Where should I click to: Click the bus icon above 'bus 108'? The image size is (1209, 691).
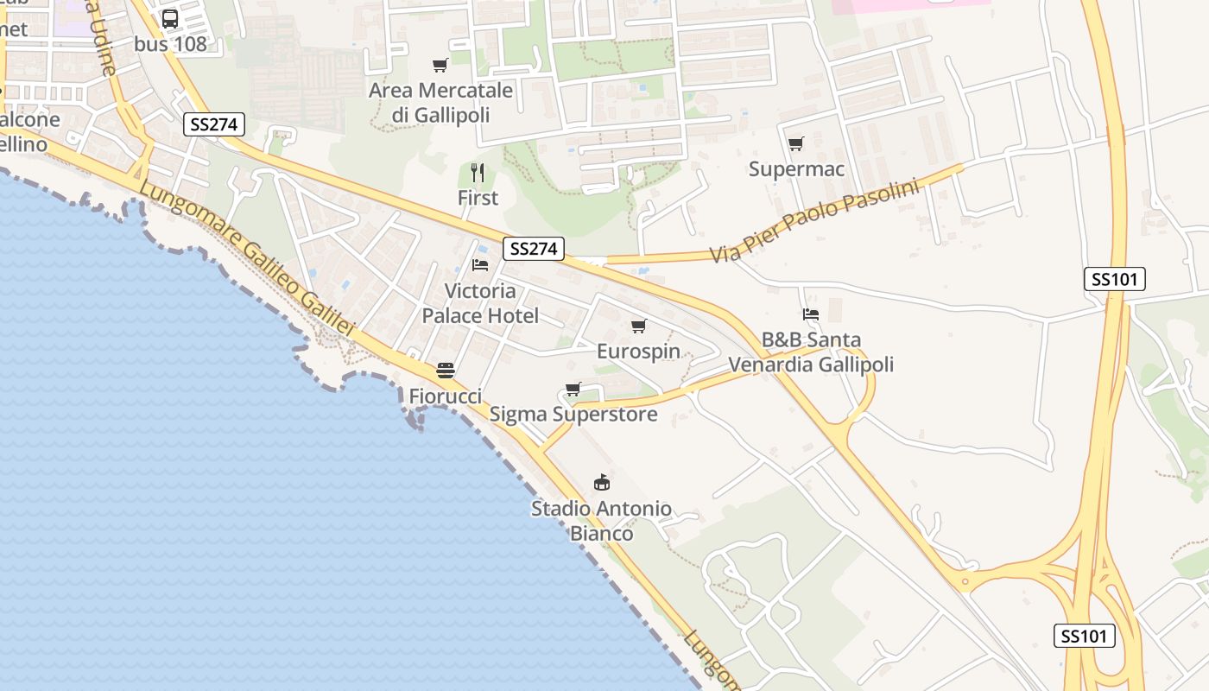coord(170,18)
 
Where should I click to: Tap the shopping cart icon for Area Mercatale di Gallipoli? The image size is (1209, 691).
coord(440,65)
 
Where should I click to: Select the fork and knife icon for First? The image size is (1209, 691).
coord(478,173)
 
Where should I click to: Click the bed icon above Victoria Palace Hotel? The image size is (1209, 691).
coord(480,264)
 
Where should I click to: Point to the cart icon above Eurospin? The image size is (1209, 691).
coord(639,326)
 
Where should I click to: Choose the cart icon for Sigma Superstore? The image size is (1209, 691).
coord(573,389)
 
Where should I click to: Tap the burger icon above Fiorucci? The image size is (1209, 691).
coord(446,371)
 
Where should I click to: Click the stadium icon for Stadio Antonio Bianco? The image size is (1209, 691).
coord(601,482)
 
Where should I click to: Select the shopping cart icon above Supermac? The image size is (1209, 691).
coord(795,143)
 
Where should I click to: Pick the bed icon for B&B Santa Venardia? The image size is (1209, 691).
coord(810,314)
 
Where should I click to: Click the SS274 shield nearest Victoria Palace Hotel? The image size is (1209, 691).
coord(534,249)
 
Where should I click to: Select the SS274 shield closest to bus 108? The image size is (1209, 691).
coord(214,124)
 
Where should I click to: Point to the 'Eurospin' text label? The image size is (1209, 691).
coord(639,352)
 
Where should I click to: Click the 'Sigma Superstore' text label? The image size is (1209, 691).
coord(573,415)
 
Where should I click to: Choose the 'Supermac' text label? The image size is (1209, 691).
coord(796,169)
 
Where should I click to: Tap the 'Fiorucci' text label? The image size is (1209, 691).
coord(446,396)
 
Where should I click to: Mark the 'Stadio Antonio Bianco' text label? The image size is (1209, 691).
coord(601,521)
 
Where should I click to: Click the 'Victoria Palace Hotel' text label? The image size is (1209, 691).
coord(480,303)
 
